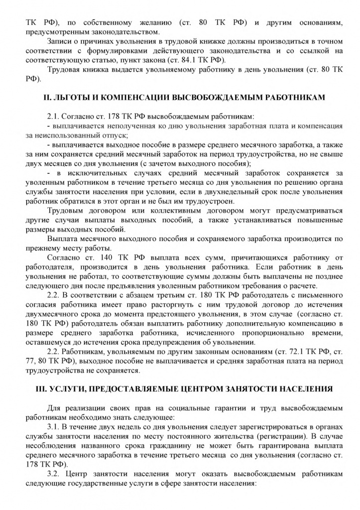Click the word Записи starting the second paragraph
click(60, 40)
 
